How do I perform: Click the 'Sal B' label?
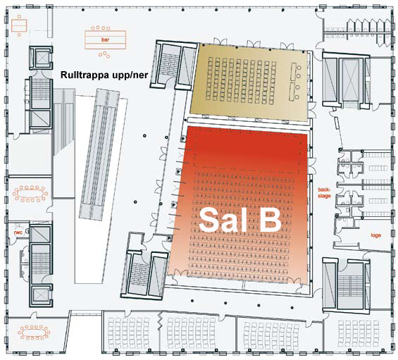coord(240,220)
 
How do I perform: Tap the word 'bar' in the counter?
coord(105,39)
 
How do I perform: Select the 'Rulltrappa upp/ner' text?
coord(104,75)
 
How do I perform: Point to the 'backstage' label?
coord(324,193)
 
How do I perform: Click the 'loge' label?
coord(376,235)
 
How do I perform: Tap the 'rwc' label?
coord(18,232)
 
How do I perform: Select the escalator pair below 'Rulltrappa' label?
coord(99,154)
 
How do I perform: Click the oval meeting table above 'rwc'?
coord(30,194)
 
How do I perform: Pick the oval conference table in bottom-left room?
coord(34,333)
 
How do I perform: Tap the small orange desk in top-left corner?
coord(19,25)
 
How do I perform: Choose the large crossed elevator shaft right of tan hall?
coord(351,80)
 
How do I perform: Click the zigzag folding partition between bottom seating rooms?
coord(159,321)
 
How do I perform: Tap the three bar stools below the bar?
coord(104,54)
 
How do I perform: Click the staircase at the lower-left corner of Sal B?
coord(137,274)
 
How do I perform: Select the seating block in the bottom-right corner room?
coord(358,333)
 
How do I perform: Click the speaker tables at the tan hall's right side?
coord(294,82)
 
